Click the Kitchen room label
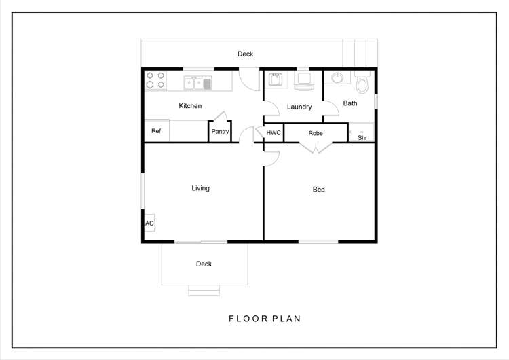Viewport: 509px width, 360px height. pos(190,105)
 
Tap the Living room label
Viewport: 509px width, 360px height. pos(200,188)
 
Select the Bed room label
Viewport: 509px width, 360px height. pos(318,189)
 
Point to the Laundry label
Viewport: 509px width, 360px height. pos(299,107)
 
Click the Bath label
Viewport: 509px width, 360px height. pos(350,103)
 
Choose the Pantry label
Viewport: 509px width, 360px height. pos(220,131)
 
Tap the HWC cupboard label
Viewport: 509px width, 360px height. pos(274,133)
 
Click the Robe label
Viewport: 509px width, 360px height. pos(315,133)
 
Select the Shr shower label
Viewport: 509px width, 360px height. pos(362,137)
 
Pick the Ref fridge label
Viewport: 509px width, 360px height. pos(156,131)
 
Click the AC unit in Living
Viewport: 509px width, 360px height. pos(149,223)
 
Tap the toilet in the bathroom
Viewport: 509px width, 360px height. pos(362,82)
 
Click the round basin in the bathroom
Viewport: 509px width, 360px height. pos(337,78)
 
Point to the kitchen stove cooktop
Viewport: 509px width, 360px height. pos(155,80)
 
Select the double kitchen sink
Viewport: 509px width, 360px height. pos(197,83)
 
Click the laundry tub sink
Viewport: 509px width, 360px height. pos(276,79)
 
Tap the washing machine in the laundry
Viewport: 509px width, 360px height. pos(304,80)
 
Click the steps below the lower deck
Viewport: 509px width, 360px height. pos(204,291)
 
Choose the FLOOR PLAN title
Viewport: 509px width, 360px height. pos(265,319)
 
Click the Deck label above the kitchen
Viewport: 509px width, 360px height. pos(245,54)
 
